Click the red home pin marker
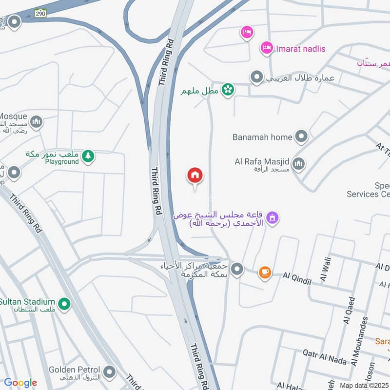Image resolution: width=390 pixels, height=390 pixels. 195,175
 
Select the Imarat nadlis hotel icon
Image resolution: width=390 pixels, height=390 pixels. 267,48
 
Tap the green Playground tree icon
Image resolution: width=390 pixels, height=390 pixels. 88,156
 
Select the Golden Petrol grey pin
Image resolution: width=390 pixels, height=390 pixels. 110,373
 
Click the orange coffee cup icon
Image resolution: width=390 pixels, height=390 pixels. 265,273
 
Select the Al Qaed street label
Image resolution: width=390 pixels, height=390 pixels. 349,310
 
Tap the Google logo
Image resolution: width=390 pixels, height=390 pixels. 20,383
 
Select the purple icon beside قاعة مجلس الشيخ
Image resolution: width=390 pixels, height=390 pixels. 273,217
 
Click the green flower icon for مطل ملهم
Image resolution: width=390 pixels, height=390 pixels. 227,90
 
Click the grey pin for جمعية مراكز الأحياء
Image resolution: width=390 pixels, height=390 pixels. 237,269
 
